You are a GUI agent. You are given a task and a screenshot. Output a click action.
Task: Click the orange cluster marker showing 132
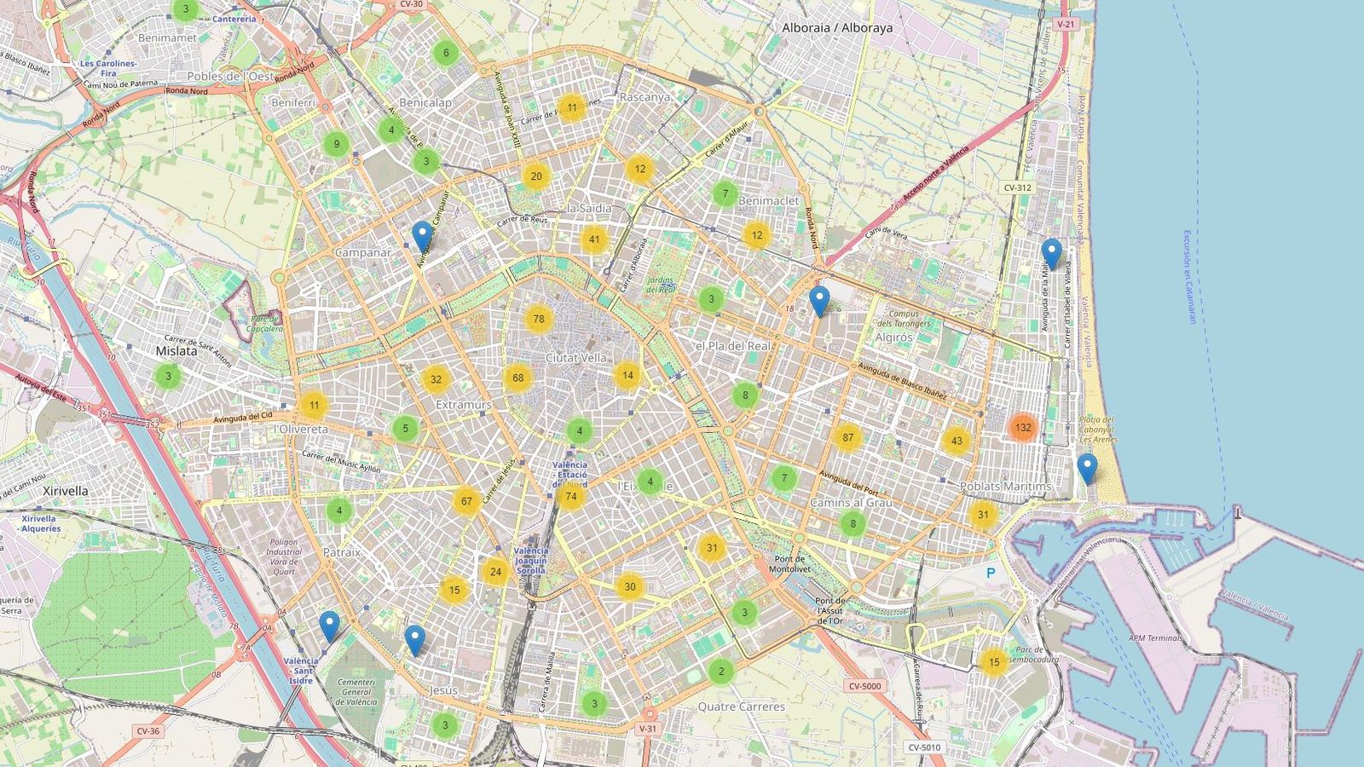[1023, 428]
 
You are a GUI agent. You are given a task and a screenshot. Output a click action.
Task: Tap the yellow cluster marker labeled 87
[847, 438]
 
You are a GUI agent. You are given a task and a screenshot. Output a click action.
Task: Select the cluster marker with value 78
[538, 320]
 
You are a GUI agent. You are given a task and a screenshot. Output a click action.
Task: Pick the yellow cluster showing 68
[517, 378]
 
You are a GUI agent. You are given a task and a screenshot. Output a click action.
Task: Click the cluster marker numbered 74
[570, 496]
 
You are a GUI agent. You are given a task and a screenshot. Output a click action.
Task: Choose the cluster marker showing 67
[466, 501]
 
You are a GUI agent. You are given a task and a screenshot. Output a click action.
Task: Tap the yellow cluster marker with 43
[957, 441]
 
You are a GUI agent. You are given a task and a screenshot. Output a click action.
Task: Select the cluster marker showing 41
[594, 239]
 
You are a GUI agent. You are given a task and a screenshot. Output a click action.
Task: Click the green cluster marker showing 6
[445, 53]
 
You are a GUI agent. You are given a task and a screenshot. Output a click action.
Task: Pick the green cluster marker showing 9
[337, 144]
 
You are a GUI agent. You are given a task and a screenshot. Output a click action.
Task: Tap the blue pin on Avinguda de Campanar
[421, 235]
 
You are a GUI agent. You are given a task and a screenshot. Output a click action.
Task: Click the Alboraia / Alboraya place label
[837, 27]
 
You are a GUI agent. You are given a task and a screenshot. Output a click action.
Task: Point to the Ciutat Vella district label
[576, 358]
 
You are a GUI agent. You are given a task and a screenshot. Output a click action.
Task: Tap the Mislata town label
[176, 350]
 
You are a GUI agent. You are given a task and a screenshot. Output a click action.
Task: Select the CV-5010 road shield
[924, 747]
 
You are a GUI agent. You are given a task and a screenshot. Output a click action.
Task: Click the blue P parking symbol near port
[991, 574]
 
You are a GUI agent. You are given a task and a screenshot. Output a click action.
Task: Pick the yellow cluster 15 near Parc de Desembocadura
[993, 662]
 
